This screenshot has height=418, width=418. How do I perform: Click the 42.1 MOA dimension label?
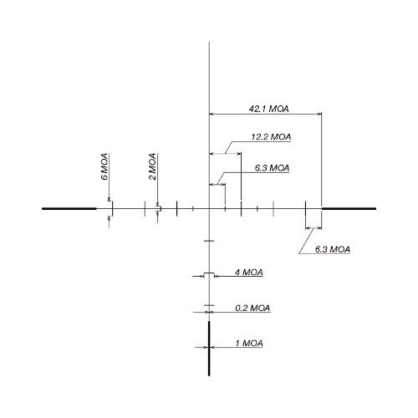268,109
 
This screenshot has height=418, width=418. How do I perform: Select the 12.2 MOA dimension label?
271,137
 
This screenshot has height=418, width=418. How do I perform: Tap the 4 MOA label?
248,273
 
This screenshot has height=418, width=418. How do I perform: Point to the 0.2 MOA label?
252,308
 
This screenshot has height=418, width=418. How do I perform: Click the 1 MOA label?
249,344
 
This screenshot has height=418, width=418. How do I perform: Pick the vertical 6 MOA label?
104,166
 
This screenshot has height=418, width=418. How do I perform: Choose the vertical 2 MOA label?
152,166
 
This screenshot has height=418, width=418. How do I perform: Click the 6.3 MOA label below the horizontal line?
333,249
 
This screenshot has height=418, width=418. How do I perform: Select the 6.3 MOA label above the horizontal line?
272,168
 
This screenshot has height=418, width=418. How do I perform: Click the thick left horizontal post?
69,208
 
